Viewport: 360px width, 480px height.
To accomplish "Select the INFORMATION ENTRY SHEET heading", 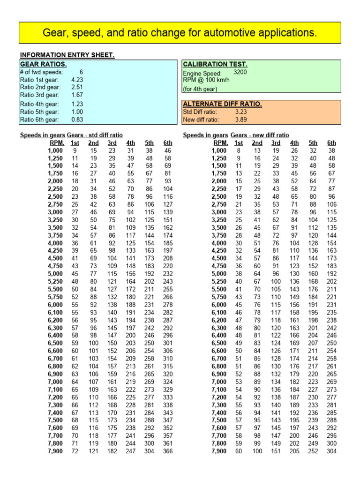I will (x=67, y=55).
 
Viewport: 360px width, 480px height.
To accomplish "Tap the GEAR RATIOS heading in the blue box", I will (x=43, y=64).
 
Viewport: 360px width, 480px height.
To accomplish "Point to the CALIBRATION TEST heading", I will (x=215, y=64).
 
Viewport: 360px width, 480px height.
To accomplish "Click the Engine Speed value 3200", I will (x=240, y=72).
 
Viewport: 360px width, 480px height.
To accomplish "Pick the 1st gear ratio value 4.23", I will (x=77, y=80).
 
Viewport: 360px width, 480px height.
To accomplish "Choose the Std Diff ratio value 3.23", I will (x=240, y=112).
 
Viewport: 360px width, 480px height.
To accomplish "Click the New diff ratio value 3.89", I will (x=240, y=120).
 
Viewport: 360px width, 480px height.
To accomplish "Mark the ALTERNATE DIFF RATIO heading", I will (x=222, y=104).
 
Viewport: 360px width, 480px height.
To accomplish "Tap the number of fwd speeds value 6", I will (x=81, y=72).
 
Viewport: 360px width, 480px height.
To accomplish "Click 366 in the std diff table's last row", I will (x=168, y=451).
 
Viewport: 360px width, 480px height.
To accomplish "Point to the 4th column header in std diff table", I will (x=131, y=142).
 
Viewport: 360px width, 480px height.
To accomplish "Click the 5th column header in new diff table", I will (x=313, y=142).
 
